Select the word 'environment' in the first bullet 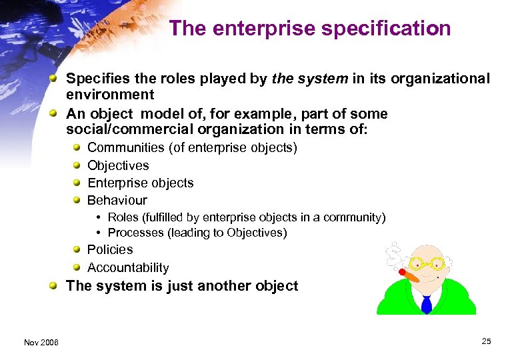pos(110,95)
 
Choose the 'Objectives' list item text pos(118,165)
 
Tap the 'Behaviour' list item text pos(117,200)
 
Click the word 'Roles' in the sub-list pos(123,217)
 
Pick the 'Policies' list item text pos(110,249)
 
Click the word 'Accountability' pos(128,267)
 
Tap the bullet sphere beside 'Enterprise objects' pos(78,183)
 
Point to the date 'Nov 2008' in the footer pos(41,342)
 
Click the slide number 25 pos(486,341)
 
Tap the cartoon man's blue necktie pos(427,303)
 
